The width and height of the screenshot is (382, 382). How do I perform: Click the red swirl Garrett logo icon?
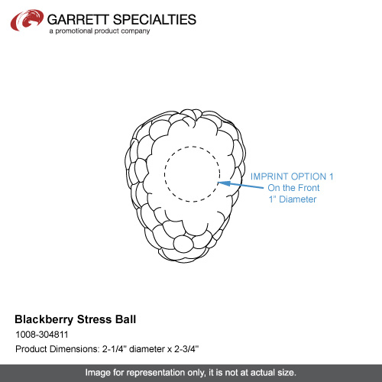click(27, 20)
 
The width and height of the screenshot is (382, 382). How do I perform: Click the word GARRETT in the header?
click(78, 20)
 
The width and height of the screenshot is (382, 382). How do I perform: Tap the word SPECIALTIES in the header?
click(154, 20)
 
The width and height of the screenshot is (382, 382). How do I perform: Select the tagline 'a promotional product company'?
click(99, 31)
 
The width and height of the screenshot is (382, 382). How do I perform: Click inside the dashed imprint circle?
click(193, 174)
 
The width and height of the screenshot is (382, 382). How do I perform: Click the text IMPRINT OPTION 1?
click(292, 176)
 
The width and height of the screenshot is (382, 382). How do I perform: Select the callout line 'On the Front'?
click(293, 188)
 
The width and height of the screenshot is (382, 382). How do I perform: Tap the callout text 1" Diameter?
click(293, 199)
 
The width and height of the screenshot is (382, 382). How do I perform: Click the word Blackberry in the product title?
click(44, 319)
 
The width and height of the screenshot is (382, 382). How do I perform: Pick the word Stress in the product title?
click(94, 319)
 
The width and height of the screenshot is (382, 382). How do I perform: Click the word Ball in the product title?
click(125, 319)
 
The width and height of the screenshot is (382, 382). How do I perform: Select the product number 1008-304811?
click(42, 335)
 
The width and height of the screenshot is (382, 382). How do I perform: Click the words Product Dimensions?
click(57, 349)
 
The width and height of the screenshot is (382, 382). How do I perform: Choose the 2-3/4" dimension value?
click(186, 348)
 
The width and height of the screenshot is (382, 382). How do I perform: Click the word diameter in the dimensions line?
click(147, 349)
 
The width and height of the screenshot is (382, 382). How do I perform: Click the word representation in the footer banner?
click(155, 373)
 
